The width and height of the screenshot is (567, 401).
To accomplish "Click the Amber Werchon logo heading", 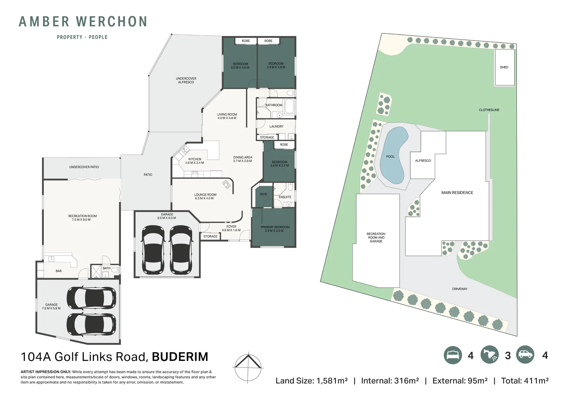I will (x=83, y=22).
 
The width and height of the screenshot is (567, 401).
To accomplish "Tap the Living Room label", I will (x=227, y=116).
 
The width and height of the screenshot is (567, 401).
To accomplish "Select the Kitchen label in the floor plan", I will (x=194, y=161).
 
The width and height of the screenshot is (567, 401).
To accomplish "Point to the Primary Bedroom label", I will (x=275, y=229).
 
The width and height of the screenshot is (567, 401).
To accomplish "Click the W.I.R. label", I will (x=263, y=194).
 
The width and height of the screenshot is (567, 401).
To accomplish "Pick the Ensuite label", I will (x=285, y=197).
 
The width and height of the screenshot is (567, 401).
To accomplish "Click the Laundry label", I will (x=276, y=127).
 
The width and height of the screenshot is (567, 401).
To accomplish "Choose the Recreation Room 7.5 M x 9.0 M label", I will (x=82, y=218).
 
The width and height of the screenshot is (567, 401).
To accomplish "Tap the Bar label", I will (x=59, y=271).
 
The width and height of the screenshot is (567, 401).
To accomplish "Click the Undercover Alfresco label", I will (x=186, y=80).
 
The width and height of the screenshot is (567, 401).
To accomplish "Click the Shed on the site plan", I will (x=504, y=67).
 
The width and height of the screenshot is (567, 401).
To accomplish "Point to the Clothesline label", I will (x=489, y=110).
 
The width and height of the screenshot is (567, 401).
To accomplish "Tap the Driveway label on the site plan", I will (x=459, y=289).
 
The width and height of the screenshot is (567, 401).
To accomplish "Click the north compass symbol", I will (x=248, y=367).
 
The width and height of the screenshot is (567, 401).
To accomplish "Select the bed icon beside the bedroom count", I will (x=453, y=355).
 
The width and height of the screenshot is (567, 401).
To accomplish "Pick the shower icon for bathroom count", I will (x=489, y=355).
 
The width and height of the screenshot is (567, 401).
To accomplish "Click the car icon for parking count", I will (x=525, y=355).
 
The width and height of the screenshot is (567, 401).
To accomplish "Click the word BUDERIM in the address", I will (x=180, y=357).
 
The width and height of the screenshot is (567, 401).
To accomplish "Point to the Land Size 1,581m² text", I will (x=311, y=381).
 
